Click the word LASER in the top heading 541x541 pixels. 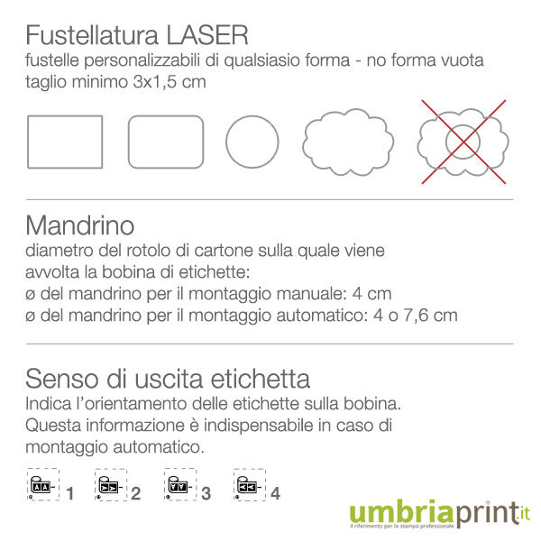pyautogui.click(x=207, y=35)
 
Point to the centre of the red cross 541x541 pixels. pyautogui.click(x=463, y=142)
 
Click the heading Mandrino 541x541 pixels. pyautogui.click(x=79, y=225)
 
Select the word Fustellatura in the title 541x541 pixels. pyautogui.click(x=92, y=35)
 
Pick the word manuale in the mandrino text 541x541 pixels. pyautogui.click(x=312, y=294)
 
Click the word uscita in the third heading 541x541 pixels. pyautogui.click(x=169, y=379)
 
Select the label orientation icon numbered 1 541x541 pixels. pyautogui.click(x=43, y=484)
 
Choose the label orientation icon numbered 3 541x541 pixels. pyautogui.click(x=180, y=484)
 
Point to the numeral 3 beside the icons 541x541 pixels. pyautogui.click(x=206, y=494)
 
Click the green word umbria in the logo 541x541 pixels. pyautogui.click(x=401, y=513)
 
